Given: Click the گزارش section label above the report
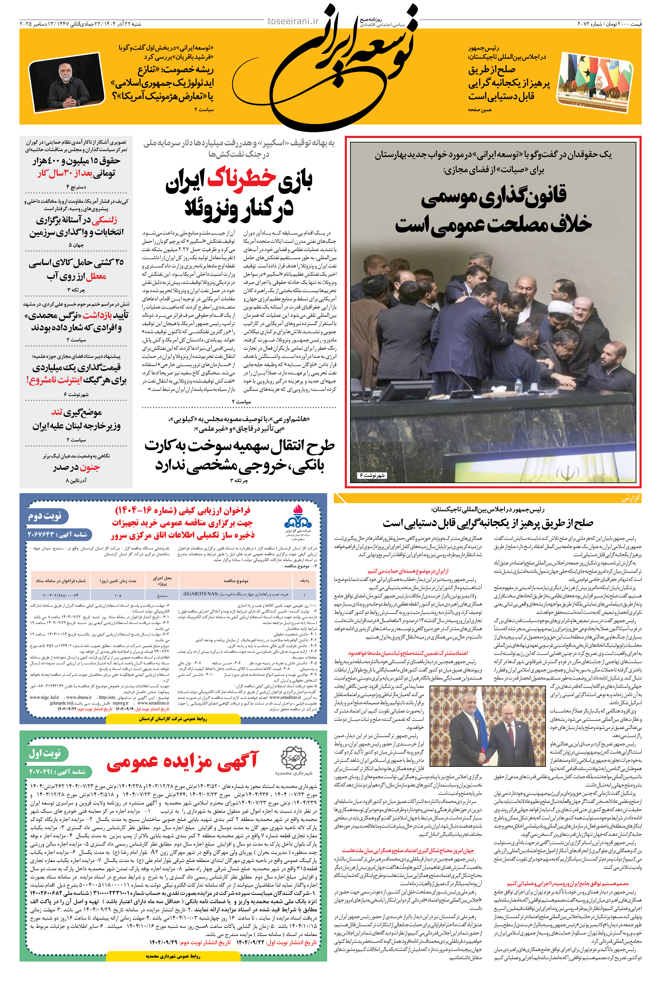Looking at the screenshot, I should [x=631, y=498].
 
